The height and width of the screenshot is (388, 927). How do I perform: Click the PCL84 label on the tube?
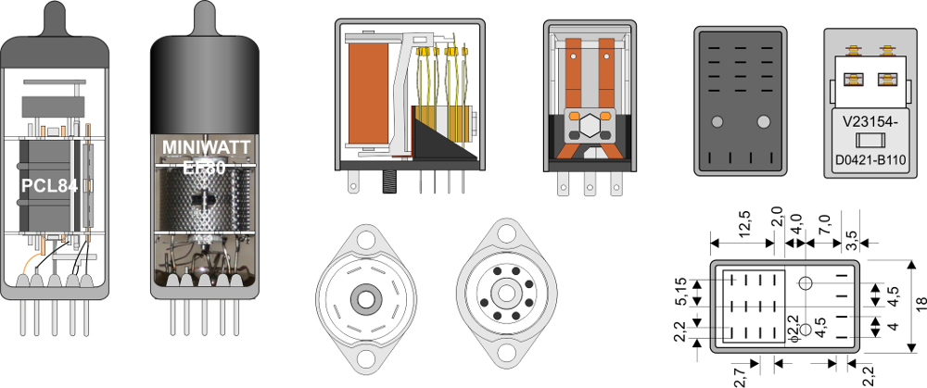[x=49, y=186]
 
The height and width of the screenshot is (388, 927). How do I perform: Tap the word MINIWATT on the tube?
[x=207, y=146]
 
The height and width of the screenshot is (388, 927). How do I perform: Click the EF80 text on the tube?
[x=203, y=168]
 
